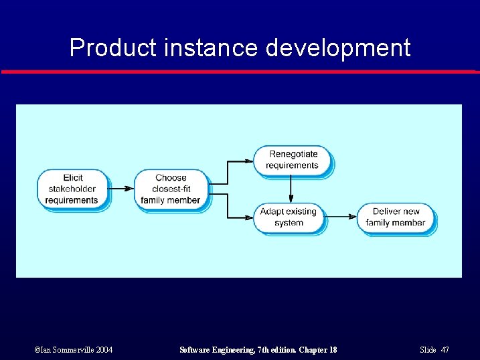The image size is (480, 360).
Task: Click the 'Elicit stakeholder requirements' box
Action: coord(72,189)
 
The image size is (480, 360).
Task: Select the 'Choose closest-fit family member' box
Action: coord(171,189)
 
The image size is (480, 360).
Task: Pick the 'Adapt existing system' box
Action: coord(289,217)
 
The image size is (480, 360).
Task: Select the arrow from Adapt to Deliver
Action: coord(341,217)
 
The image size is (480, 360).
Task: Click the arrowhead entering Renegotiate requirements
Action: coord(249,161)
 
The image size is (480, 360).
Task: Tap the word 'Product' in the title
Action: coord(112,48)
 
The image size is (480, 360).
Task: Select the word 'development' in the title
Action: coord(338,48)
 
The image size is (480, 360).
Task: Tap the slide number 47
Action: coord(445,350)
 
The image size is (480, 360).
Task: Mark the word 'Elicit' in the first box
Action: coord(73,178)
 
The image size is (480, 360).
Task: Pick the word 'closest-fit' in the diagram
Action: coord(171,189)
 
